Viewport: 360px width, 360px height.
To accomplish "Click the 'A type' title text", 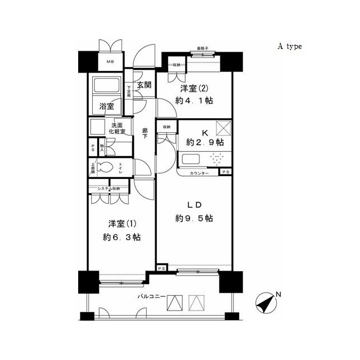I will (289, 47).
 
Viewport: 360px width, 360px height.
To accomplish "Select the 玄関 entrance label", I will (144, 85).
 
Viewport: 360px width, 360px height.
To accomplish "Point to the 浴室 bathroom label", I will (107, 106).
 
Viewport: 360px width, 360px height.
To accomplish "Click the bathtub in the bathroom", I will (106, 85).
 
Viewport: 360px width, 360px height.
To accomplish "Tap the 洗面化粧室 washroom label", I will (118, 128).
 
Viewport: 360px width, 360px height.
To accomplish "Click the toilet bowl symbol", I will (104, 167).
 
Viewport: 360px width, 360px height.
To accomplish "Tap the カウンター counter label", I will (199, 173).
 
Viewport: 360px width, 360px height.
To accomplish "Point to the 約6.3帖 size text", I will (121, 237).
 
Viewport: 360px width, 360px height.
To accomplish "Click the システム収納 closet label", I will (109, 189).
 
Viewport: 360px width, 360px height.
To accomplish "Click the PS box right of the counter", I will (225, 172).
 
